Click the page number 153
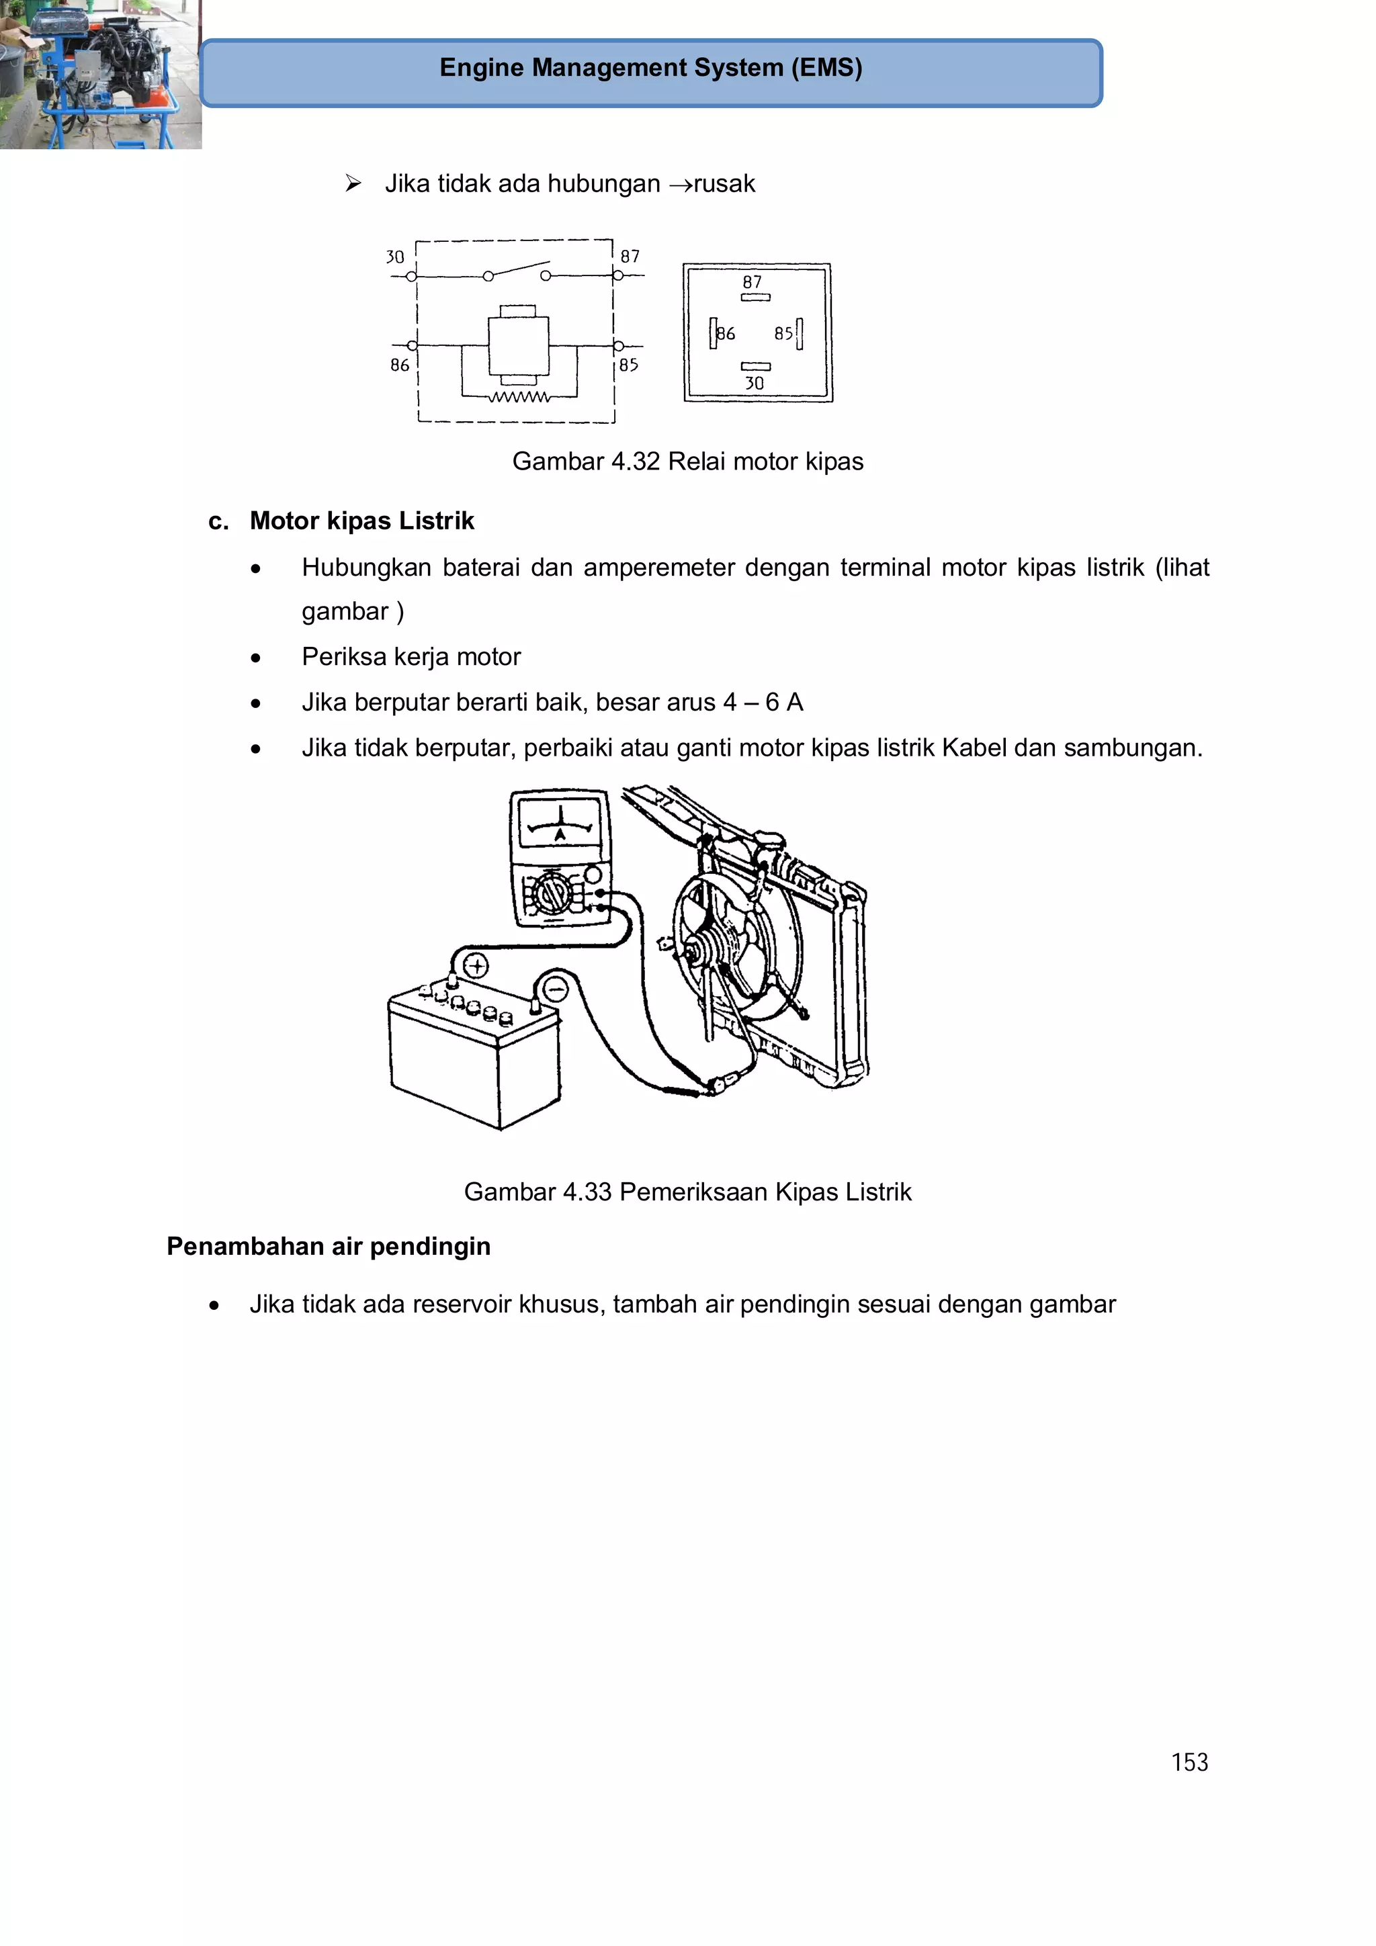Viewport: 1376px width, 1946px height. pyautogui.click(x=1189, y=1762)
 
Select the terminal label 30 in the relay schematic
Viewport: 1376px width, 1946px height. pyautogui.click(x=395, y=257)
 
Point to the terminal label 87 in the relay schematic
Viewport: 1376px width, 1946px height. pyautogui.click(x=630, y=256)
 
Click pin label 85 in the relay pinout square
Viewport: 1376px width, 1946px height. pyautogui.click(x=783, y=334)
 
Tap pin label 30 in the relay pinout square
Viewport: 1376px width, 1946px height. pyautogui.click(x=755, y=383)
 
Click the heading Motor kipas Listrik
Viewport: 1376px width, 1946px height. pyautogui.click(x=361, y=521)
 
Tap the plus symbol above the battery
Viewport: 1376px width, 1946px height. pyautogui.click(x=476, y=966)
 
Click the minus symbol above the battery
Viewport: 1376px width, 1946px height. pyautogui.click(x=556, y=989)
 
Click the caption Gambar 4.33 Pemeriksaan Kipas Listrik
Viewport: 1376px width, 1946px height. pyautogui.click(x=687, y=1192)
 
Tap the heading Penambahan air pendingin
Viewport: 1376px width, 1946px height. pyautogui.click(x=328, y=1247)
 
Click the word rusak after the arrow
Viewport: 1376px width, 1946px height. pyautogui.click(x=724, y=184)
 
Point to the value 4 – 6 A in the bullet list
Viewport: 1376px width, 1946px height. pyautogui.click(x=763, y=703)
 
